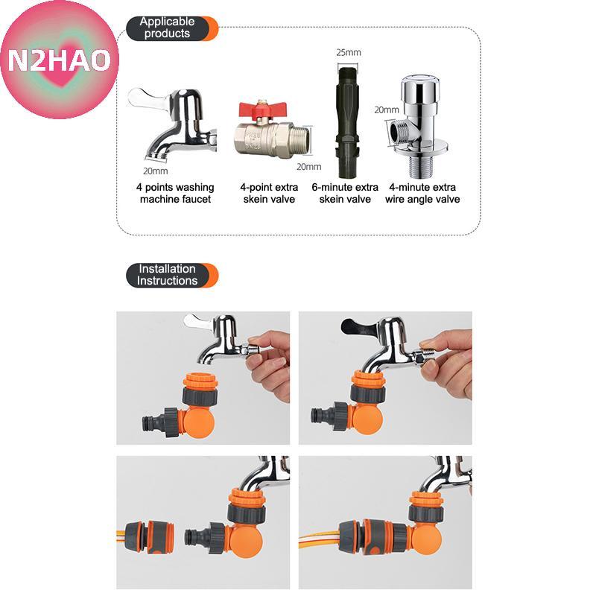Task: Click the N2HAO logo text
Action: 60,60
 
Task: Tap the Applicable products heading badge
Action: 172,28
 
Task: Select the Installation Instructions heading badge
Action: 172,275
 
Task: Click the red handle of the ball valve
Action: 262,110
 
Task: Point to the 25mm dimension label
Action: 348,52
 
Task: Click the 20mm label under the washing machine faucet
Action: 156,171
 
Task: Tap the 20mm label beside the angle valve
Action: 387,110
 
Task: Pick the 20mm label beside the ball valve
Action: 308,166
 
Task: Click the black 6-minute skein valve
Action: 347,121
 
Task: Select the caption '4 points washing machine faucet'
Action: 175,193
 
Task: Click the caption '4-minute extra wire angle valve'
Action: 422,193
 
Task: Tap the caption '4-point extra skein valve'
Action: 269,193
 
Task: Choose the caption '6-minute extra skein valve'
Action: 345,193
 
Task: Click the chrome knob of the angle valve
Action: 420,91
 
